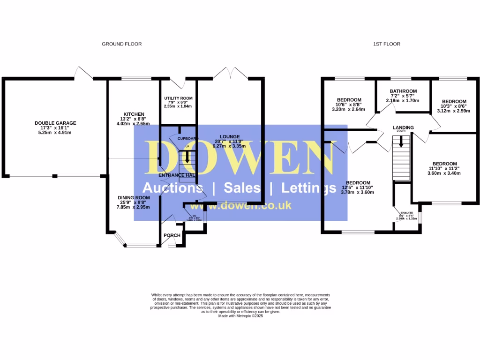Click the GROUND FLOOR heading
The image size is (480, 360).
click(x=121, y=44)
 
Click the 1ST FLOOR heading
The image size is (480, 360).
click(x=387, y=44)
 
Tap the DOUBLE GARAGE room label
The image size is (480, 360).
click(x=55, y=123)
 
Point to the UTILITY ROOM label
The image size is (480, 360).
click(x=178, y=98)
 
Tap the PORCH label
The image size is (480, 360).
click(x=172, y=235)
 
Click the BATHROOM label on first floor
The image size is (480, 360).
click(x=403, y=91)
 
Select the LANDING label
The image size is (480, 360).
click(x=403, y=127)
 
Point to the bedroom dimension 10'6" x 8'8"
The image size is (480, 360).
click(x=349, y=105)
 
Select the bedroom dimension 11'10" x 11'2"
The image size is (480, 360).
click(x=444, y=169)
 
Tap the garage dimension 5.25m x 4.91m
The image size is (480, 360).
click(x=55, y=133)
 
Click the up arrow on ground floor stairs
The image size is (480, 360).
click(x=187, y=158)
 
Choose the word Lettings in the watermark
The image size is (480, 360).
click(x=309, y=188)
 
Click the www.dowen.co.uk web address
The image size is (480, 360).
click(x=241, y=205)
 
